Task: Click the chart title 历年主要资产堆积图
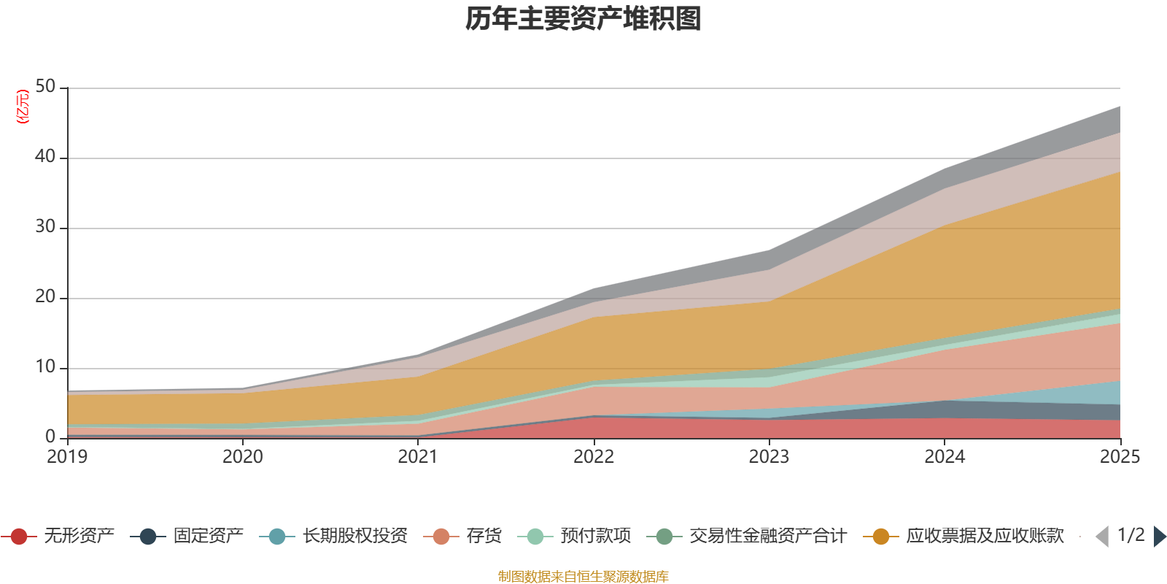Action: click(x=583, y=19)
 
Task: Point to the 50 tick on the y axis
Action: click(x=45, y=87)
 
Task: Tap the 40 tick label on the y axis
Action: click(x=45, y=157)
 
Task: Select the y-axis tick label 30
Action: click(x=45, y=227)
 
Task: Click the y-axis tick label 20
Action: click(x=45, y=297)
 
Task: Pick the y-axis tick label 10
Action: click(x=45, y=367)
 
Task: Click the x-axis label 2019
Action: click(x=67, y=457)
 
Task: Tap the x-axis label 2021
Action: click(x=418, y=457)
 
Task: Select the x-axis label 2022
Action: click(x=594, y=457)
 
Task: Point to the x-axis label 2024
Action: click(x=945, y=457)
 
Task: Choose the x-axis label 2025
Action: click(x=1120, y=457)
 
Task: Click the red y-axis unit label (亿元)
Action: click(x=23, y=107)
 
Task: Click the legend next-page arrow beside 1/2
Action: click(x=1160, y=537)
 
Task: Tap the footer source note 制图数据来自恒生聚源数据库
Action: click(x=583, y=577)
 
